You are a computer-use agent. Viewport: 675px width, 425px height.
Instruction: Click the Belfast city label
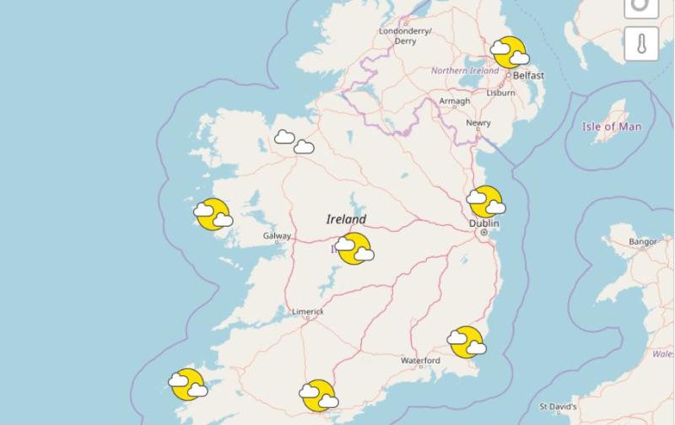pos(528,76)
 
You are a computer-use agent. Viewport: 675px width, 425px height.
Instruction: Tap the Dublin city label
pos(484,223)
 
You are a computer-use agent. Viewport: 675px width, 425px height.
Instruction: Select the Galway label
pos(277,237)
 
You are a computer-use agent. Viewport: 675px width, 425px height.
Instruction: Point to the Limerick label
pos(308,311)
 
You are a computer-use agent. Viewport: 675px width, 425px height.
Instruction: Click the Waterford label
pos(420,361)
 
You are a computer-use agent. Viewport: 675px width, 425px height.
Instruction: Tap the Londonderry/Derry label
pos(405,35)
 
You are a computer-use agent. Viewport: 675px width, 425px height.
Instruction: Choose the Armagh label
pos(454,102)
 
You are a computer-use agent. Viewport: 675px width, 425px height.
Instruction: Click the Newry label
pos(478,123)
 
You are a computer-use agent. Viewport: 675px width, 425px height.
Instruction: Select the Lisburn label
pos(500,93)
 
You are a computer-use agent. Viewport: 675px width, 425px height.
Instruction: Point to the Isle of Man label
pos(612,127)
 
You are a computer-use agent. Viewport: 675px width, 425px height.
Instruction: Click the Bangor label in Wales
pos(642,242)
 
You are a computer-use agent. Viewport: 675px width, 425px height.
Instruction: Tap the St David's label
pos(558,406)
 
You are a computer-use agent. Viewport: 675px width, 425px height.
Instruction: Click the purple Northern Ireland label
pos(465,71)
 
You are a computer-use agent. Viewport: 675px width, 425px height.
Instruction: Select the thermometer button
pos(641,44)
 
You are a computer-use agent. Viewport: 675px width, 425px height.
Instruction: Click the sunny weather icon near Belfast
pos(510,52)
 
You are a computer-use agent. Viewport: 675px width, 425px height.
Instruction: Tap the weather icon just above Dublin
pos(487,202)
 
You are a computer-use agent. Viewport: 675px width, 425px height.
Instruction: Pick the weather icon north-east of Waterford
pos(466,342)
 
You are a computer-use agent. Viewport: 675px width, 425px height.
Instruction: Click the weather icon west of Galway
pos(213,214)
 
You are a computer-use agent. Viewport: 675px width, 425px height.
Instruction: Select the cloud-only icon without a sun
pos(294,142)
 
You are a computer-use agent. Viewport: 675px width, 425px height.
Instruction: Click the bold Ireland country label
pos(347,219)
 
